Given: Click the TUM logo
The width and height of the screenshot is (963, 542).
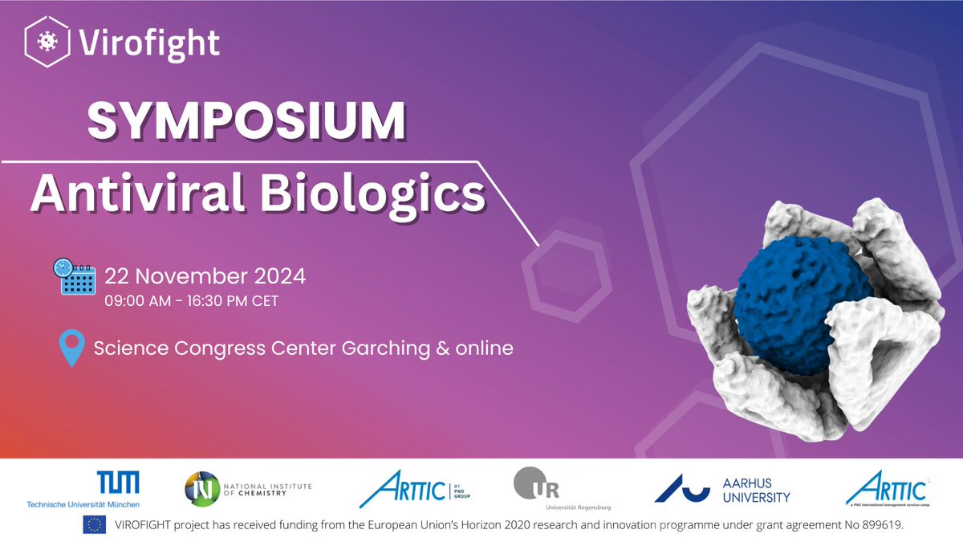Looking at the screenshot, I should [118, 483].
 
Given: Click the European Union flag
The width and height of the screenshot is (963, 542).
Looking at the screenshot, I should [93, 524].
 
